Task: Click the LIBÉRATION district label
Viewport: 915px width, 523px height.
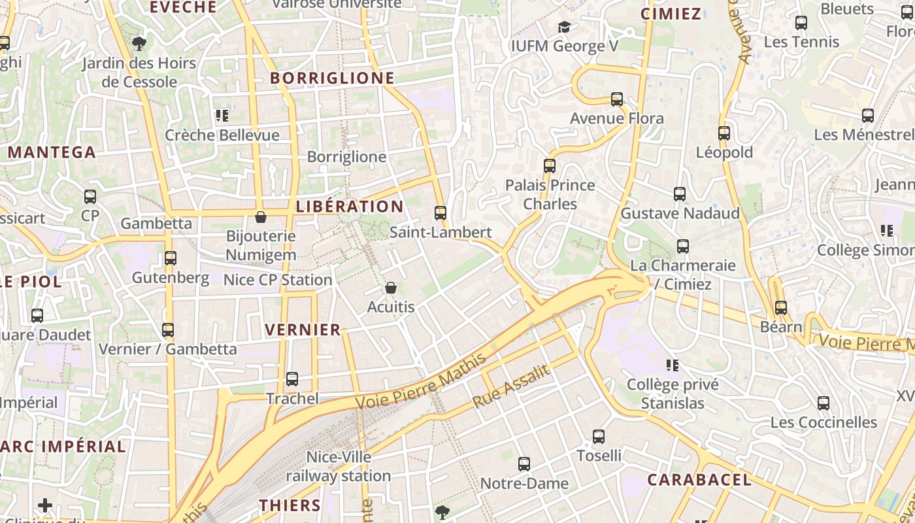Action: tap(350, 207)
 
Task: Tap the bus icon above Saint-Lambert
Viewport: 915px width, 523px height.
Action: tap(441, 213)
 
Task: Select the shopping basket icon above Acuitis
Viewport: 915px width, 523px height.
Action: tap(391, 288)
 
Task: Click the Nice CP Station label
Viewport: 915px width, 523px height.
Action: tap(278, 280)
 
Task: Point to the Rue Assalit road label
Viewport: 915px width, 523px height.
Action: tap(511, 386)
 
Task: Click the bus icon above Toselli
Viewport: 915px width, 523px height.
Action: tap(599, 437)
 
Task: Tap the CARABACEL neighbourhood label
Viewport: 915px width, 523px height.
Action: tap(699, 480)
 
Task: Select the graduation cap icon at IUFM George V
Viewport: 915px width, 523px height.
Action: tap(564, 27)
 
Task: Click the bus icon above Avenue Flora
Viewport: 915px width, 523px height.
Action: tap(617, 99)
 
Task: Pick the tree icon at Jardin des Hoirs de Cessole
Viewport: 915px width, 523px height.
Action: tap(139, 44)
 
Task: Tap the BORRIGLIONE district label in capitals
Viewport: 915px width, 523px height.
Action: tap(333, 78)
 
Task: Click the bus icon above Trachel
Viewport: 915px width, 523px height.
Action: tap(292, 379)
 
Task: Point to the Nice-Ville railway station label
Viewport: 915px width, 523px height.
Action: tap(339, 466)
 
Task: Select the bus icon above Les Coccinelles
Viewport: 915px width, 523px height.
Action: tap(823, 403)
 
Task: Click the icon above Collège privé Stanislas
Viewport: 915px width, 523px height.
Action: tap(673, 365)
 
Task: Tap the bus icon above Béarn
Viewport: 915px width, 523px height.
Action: tap(781, 308)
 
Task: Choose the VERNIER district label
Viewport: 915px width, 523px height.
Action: tap(303, 330)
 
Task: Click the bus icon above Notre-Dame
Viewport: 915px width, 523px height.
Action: tap(524, 464)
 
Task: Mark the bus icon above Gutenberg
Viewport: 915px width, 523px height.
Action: tap(171, 258)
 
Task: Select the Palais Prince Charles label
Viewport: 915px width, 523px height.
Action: tap(550, 194)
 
